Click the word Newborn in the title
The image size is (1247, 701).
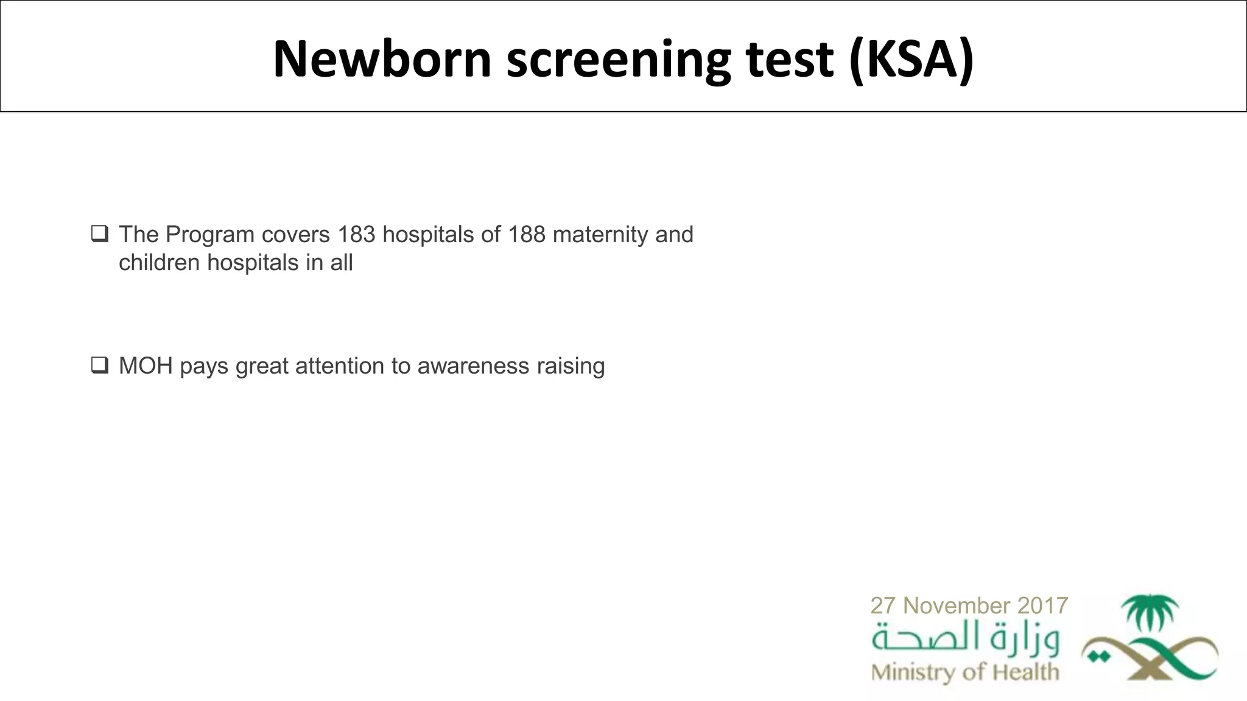(382, 59)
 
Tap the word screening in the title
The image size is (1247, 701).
(618, 59)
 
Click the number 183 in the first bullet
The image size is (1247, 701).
(357, 234)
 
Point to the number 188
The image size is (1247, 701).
(527, 234)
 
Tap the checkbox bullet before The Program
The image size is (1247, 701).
(100, 234)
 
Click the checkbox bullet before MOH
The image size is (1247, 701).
(100, 365)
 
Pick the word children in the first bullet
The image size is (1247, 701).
(159, 262)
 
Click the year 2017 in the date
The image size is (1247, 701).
(1042, 605)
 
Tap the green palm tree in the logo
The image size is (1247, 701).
(1150, 612)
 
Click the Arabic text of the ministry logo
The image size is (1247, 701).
(965, 638)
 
